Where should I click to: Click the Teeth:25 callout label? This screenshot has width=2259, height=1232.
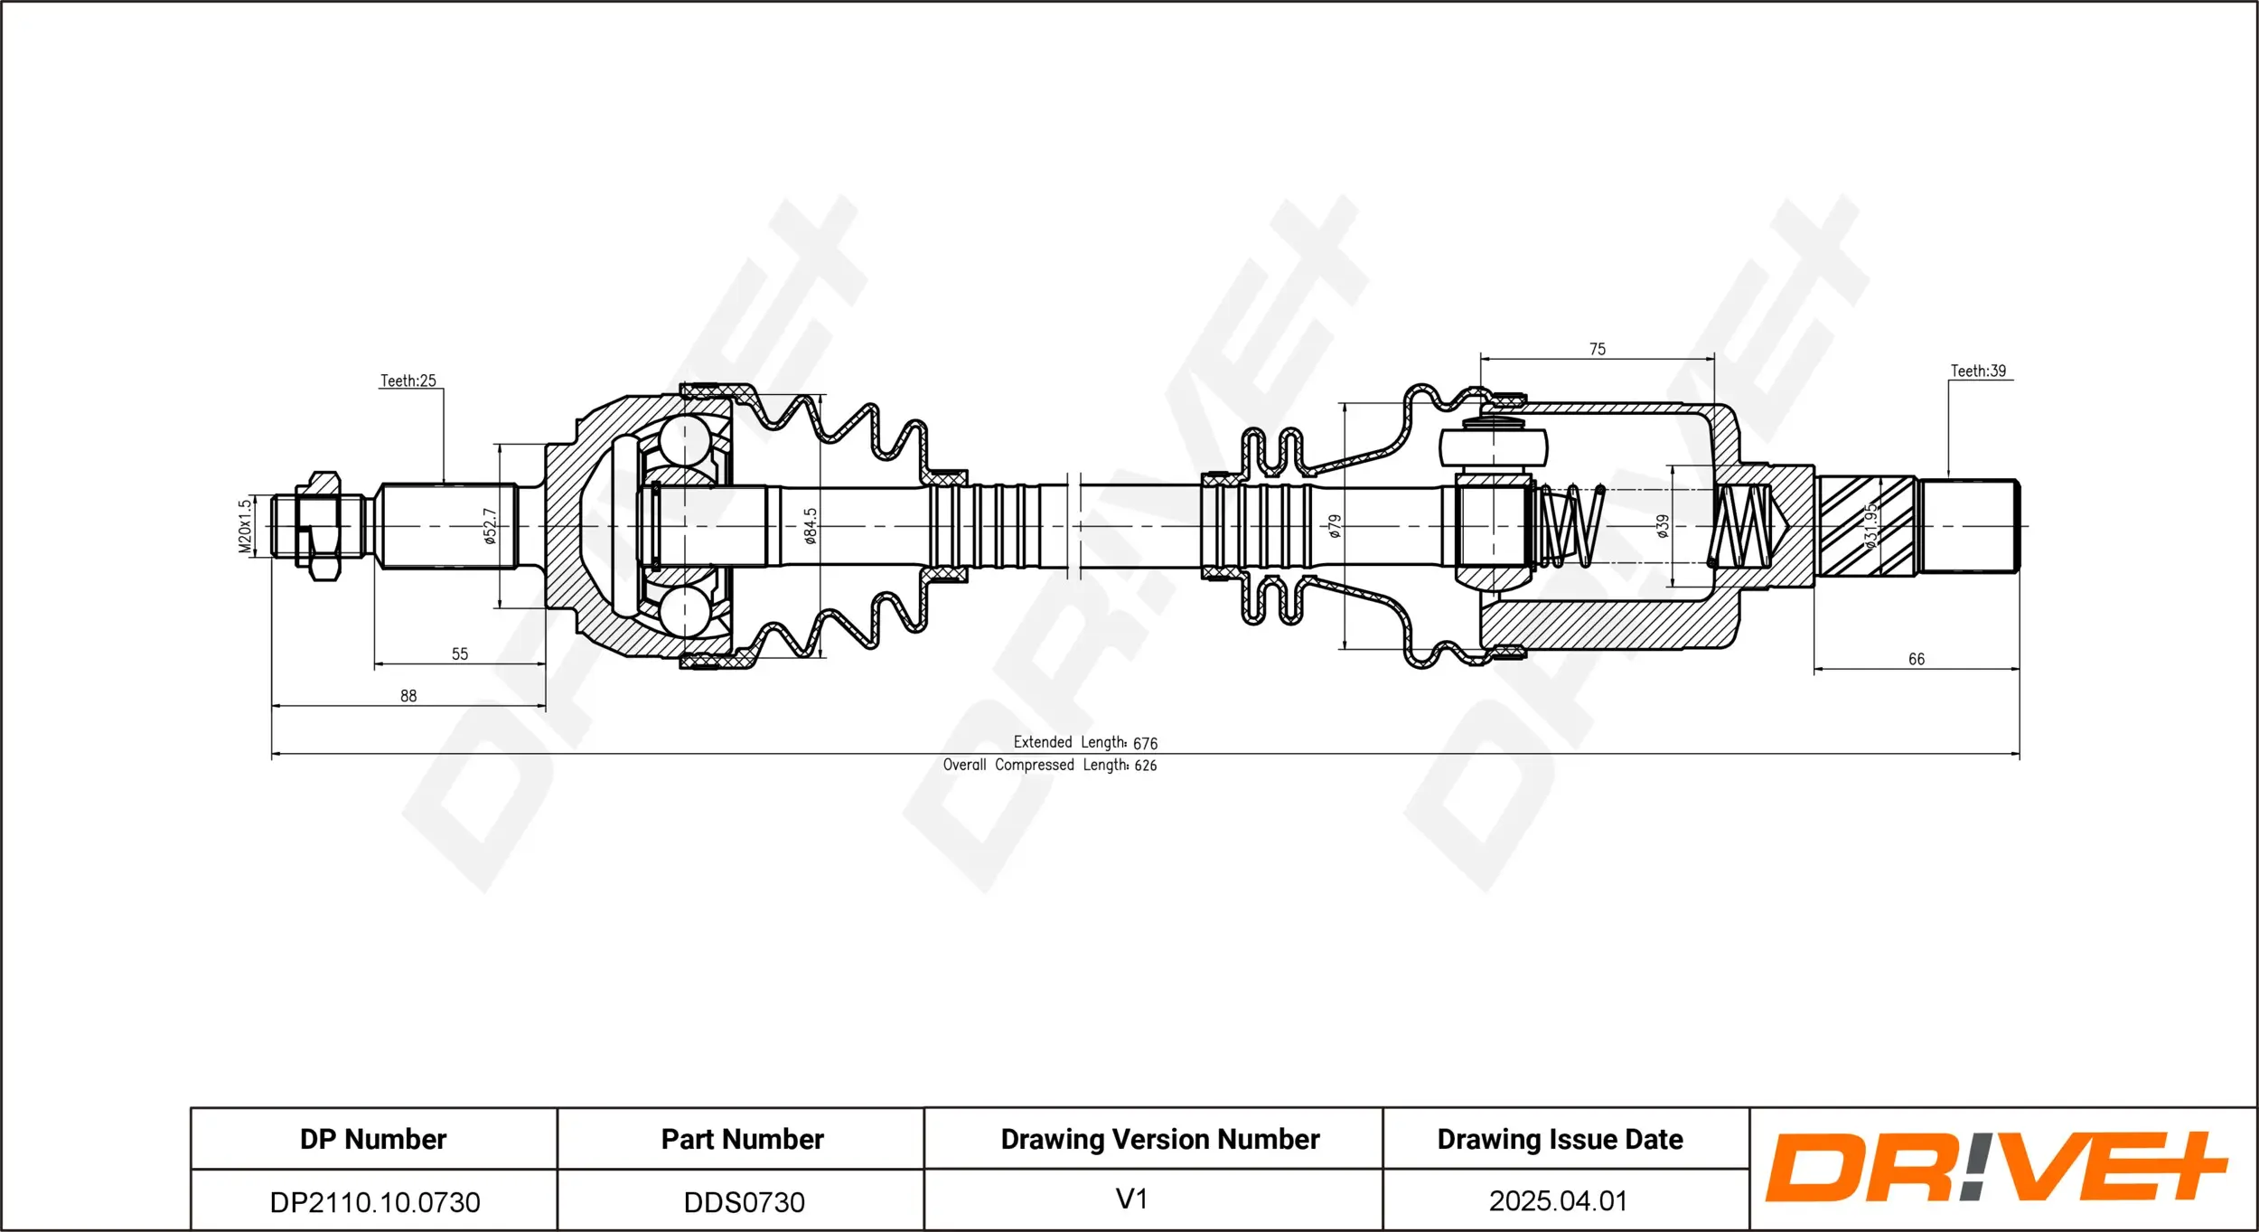pyautogui.click(x=408, y=381)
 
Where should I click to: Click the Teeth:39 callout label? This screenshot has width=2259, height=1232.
pyautogui.click(x=1977, y=371)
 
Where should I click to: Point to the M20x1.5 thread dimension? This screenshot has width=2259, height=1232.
pyautogui.click(x=244, y=526)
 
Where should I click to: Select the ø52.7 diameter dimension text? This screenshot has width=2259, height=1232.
pyautogui.click(x=490, y=526)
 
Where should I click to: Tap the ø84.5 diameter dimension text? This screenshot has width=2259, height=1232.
pyautogui.click(x=811, y=526)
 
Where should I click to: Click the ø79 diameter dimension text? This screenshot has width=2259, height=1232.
pyautogui.click(x=1335, y=526)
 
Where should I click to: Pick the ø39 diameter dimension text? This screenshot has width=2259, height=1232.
pyautogui.click(x=1663, y=526)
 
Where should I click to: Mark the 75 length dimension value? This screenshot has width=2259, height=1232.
pyautogui.click(x=1597, y=349)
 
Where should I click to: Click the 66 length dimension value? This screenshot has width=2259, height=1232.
pyautogui.click(x=1916, y=660)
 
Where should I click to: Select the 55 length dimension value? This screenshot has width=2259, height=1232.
pyautogui.click(x=459, y=654)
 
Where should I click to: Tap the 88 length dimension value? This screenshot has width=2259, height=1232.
pyautogui.click(x=408, y=696)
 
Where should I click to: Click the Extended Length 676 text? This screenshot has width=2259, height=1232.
pyautogui.click(x=1084, y=743)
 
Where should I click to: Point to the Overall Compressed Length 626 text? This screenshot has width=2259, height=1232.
pyautogui.click(x=1049, y=766)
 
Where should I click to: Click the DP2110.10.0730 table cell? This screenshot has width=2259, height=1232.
pyautogui.click(x=374, y=1202)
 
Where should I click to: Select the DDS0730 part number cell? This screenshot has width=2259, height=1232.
pyautogui.click(x=744, y=1202)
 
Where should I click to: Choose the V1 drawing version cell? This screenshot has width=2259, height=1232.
pyautogui.click(x=1131, y=1199)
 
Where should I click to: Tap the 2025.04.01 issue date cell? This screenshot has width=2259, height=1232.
pyautogui.click(x=1558, y=1201)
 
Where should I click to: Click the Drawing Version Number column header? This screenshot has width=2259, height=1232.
pyautogui.click(x=1159, y=1140)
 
